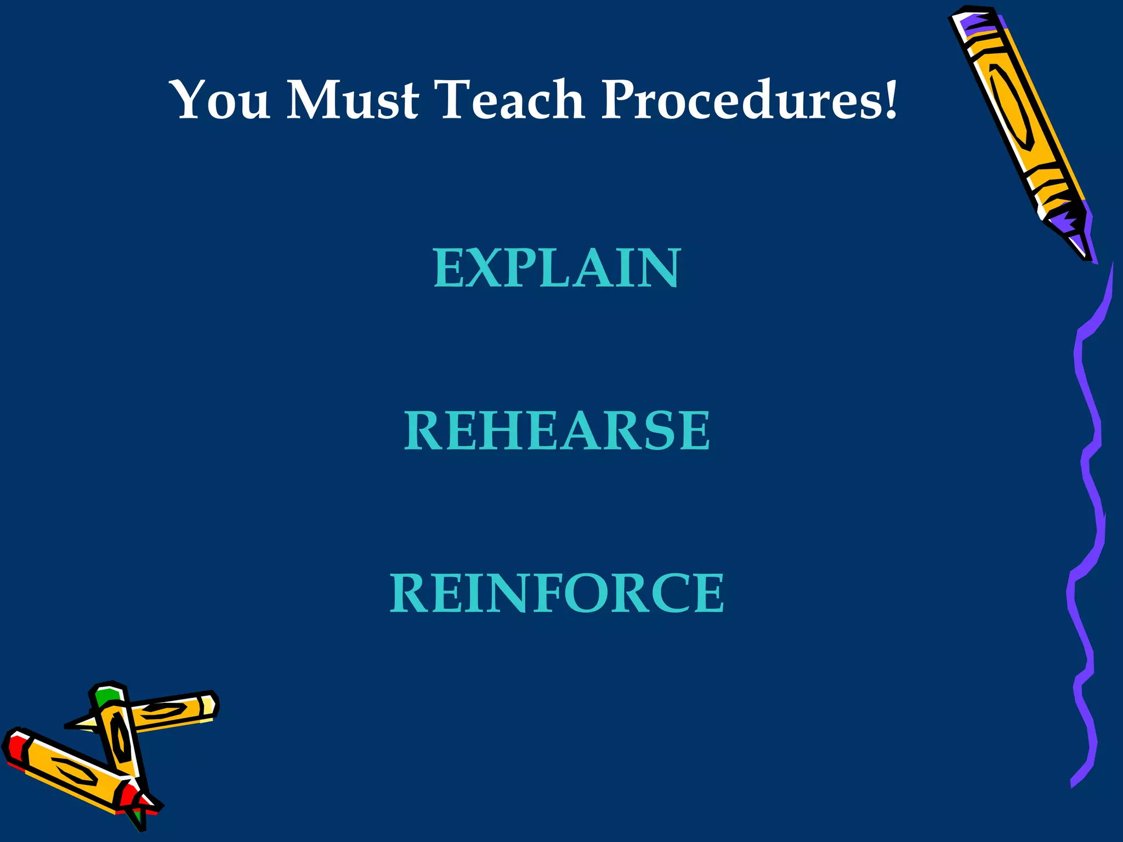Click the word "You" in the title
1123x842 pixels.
pyautogui.click(x=221, y=100)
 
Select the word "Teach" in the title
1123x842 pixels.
pyautogui.click(x=511, y=100)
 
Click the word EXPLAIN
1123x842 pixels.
pyautogui.click(x=557, y=268)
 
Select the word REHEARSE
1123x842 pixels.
pyautogui.click(x=557, y=431)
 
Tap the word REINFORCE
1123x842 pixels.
pyautogui.click(x=557, y=593)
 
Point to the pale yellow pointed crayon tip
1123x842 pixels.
pyautogui.click(x=82, y=724)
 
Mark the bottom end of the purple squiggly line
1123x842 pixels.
pyautogui.click(x=1074, y=784)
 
